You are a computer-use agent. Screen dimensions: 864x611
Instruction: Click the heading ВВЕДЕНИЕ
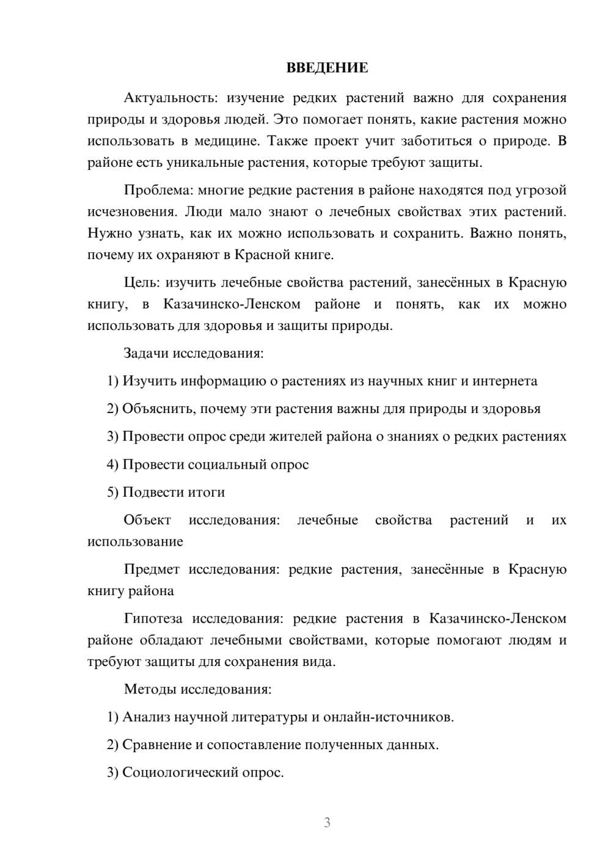coord(327,68)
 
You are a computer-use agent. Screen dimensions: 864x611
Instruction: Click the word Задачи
coord(147,354)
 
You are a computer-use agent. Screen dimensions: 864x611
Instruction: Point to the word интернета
coord(507,381)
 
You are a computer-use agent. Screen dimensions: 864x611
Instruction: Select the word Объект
coord(147,520)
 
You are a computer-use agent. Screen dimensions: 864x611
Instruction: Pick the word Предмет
coord(152,569)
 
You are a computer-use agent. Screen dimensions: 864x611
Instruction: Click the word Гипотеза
coord(153,618)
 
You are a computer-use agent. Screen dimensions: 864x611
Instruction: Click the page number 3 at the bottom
coord(327,822)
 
